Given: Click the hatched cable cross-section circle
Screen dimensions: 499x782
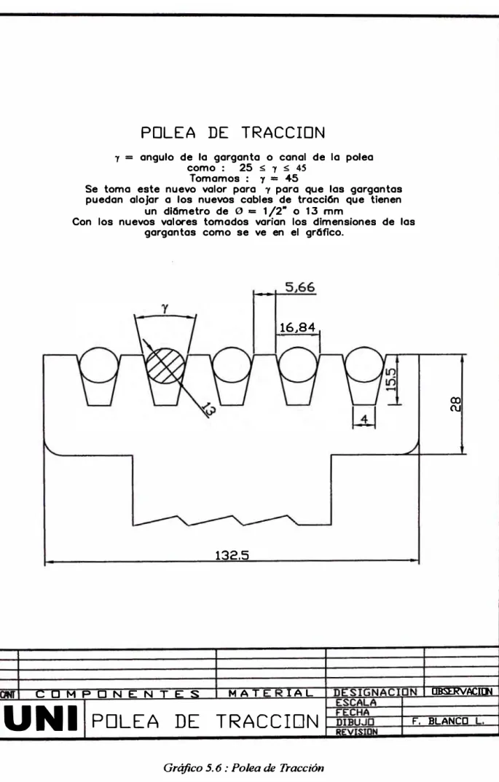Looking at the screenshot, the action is point(165,366).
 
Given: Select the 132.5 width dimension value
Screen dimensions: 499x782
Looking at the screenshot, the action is point(232,555).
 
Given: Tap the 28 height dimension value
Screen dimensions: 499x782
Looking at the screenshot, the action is point(455,404).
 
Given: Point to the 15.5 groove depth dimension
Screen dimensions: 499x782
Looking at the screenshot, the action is point(391,379).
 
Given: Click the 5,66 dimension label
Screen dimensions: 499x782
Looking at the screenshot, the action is point(300,287).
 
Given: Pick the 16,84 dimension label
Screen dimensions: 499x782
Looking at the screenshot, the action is point(297,328).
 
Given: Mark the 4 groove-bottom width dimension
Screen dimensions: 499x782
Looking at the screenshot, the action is point(364,419).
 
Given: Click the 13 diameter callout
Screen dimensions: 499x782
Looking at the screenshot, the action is point(208,410).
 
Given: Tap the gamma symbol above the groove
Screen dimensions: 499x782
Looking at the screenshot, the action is point(165,309).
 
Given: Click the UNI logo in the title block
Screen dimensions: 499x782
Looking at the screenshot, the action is point(41,719).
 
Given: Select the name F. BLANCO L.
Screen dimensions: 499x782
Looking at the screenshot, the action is point(448,722).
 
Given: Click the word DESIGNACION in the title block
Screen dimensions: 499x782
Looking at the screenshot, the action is point(375,692).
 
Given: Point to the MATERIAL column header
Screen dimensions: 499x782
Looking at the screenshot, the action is point(271,693).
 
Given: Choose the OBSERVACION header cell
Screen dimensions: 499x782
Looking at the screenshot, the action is point(462,691).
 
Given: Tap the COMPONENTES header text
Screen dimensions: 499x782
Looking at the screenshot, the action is point(117,694).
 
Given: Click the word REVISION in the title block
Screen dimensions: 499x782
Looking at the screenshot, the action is point(357,732).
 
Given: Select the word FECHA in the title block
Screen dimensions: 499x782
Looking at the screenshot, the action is point(353,712).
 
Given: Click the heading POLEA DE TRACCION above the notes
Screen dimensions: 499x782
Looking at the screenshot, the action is point(233,133).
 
